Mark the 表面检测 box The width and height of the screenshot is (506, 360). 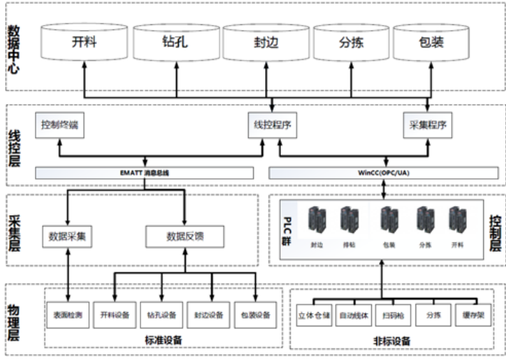pyautogui.click(x=68, y=314)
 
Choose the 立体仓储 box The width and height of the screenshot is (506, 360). pyautogui.click(x=314, y=314)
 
